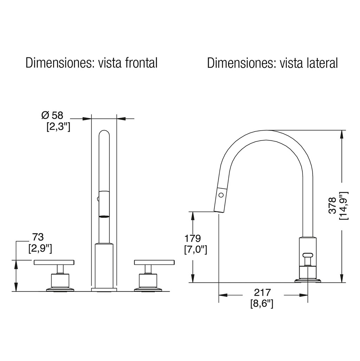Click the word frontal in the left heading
141,63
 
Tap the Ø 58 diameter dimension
52,115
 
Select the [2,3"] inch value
58,126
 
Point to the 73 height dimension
38,237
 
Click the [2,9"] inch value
40,249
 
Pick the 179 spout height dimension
193,238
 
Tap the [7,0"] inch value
196,250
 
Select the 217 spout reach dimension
262,293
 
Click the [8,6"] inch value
262,304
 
